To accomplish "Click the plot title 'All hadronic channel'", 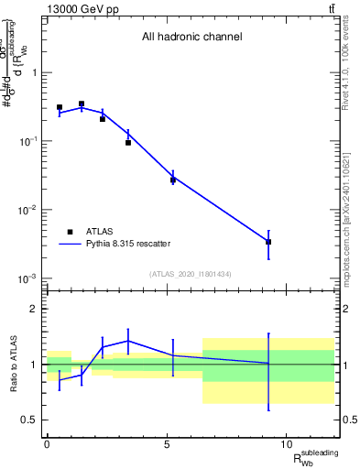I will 191,38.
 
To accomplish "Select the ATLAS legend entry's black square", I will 71,233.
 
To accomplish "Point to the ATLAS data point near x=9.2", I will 268,242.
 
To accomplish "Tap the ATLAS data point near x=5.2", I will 172,180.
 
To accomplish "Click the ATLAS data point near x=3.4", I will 128,142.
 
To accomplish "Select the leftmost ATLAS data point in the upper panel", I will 60,107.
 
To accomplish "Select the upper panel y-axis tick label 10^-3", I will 25,278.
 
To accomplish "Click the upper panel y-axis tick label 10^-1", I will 25,141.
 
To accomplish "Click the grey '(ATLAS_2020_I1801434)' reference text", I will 191,274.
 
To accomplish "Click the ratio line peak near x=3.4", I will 128,341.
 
